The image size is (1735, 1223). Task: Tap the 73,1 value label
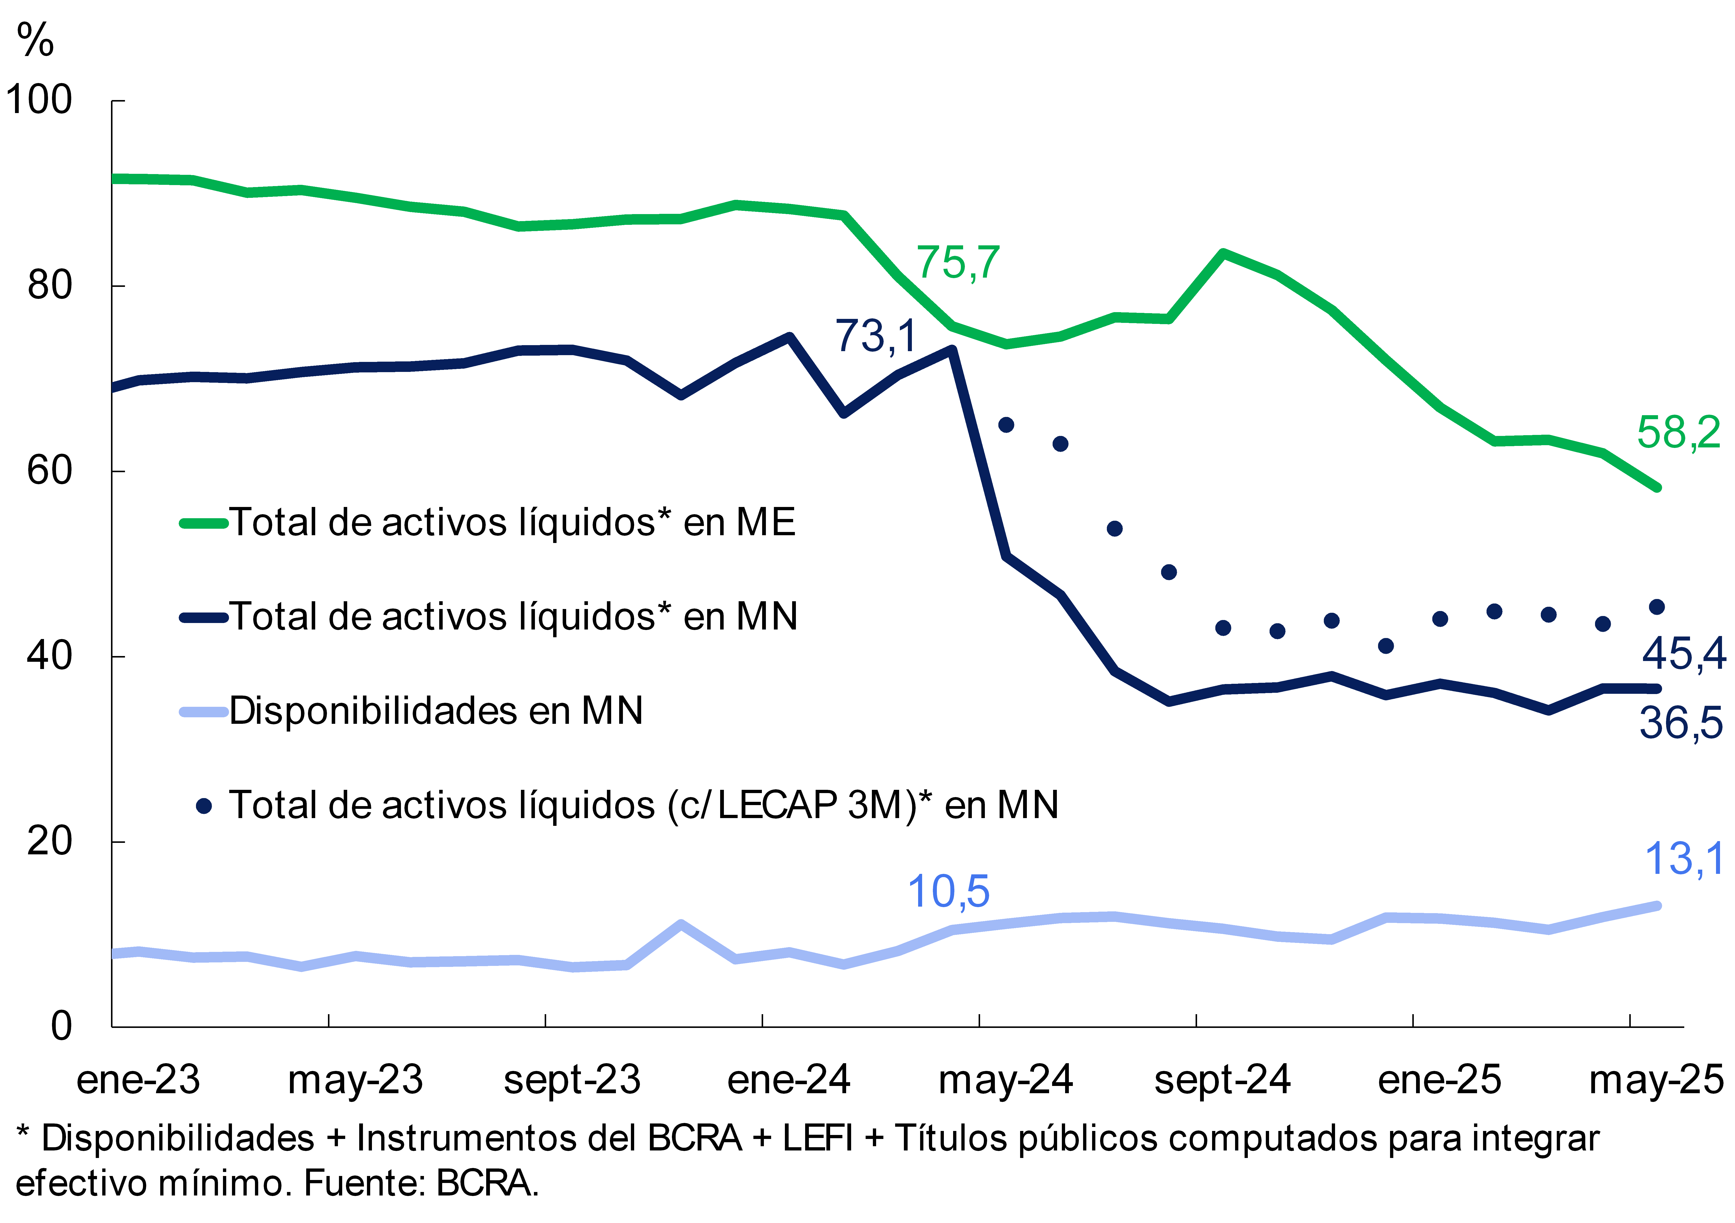(875, 336)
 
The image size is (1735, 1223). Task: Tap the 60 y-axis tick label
(50, 471)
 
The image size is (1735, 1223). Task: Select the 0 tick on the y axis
(62, 1026)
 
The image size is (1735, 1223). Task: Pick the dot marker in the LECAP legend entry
(203, 806)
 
